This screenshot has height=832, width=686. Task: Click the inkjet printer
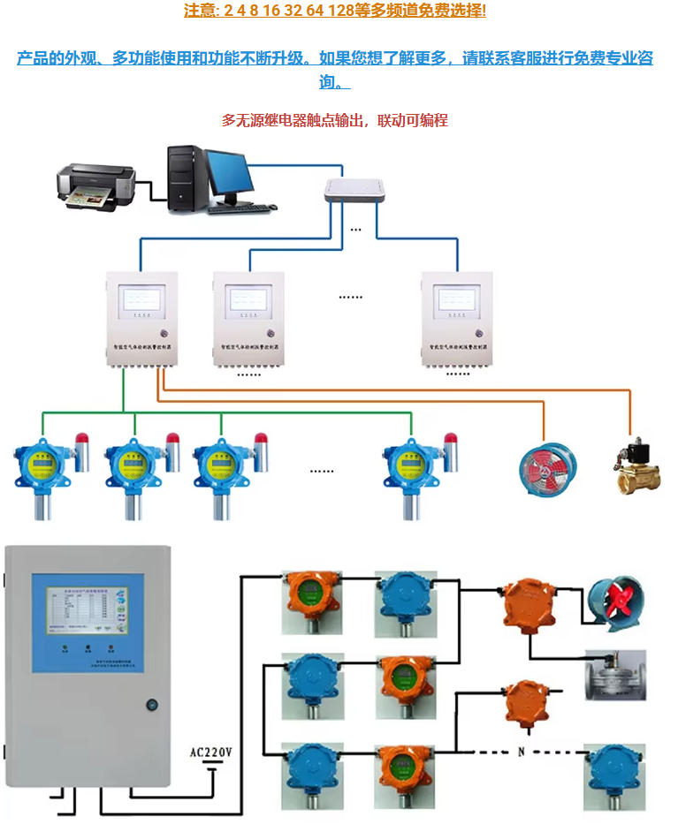pos(96,183)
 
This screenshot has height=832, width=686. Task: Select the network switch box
pos(356,190)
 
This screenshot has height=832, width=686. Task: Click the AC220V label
pos(211,753)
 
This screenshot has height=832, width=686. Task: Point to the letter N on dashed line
pos(521,753)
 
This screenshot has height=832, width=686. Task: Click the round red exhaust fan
pos(547,465)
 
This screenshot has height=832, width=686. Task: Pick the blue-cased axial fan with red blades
pos(617,604)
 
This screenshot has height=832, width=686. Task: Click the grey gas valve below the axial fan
pos(616,676)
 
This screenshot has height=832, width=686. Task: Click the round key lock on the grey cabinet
pos(151,706)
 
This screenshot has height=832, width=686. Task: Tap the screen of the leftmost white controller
pos(142,299)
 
